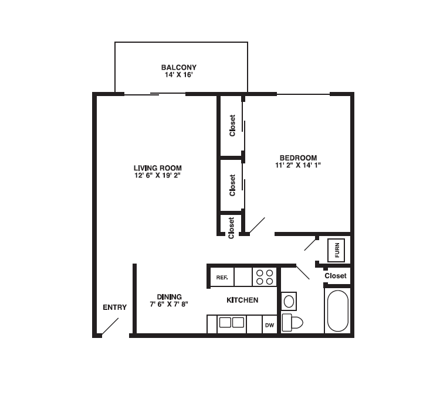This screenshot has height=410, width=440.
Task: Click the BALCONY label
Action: tap(180, 67)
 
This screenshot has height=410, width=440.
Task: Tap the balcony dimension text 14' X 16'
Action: tap(180, 76)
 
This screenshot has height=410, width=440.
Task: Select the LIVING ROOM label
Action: tap(157, 168)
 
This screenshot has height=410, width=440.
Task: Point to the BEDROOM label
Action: tap(298, 158)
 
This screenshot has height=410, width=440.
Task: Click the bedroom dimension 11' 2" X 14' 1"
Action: tap(298, 166)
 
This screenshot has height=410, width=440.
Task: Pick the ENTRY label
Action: tap(114, 307)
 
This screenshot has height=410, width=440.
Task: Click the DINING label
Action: tap(169, 297)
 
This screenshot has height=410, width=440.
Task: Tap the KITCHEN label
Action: tap(242, 300)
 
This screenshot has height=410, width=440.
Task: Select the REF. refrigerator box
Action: tap(222, 277)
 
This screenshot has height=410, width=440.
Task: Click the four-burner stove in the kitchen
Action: tap(265, 277)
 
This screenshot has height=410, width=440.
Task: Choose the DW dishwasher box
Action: tap(269, 325)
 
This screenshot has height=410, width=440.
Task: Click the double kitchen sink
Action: tap(232, 322)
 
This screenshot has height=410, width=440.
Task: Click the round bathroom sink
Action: tap(289, 302)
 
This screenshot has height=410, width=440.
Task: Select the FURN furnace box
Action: tap(337, 250)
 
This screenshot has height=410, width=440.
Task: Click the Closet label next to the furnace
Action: tap(336, 276)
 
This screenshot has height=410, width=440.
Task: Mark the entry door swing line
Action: tap(110, 326)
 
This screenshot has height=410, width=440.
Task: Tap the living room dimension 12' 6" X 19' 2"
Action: tap(157, 176)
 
